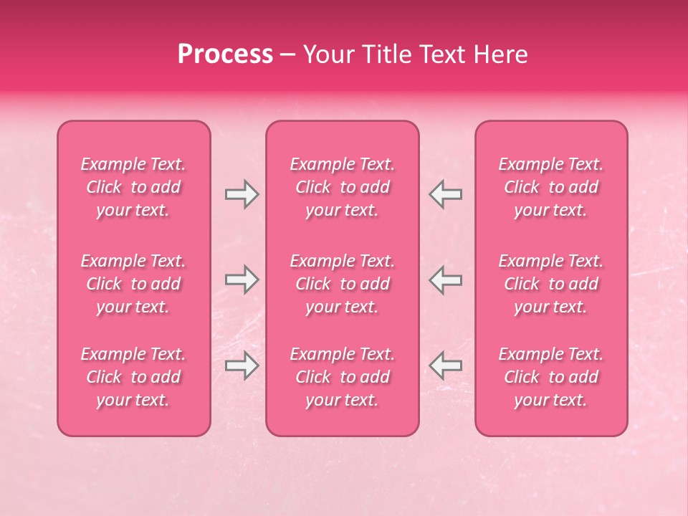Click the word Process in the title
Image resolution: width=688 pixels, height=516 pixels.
coord(225,54)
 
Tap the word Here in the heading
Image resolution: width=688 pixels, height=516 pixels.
coord(501,54)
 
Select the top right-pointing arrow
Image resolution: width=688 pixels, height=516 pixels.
coord(242,194)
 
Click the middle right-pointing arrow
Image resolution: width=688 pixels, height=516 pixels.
coord(242,279)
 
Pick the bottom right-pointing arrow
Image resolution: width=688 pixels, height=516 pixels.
coord(242,365)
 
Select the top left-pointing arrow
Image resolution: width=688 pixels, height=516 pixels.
coord(445,194)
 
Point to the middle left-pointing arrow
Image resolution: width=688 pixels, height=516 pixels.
coord(445,279)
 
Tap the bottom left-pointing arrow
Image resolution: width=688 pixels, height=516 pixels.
coord(445,365)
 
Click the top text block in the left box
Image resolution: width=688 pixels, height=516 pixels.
coord(133,187)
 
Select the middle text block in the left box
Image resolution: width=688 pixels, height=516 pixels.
coord(133,284)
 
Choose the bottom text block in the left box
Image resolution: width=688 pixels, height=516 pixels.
coord(133,377)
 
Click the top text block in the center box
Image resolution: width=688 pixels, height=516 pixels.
coord(342,187)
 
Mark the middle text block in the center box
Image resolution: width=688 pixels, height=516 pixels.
coord(342,284)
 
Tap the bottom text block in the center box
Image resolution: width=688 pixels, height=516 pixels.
coord(342,377)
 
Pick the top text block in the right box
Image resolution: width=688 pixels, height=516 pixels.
coord(550,187)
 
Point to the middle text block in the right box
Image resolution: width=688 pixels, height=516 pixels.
coord(550,284)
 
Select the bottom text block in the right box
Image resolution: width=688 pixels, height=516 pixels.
coord(550,377)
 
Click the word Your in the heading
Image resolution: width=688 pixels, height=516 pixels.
coord(329,54)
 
